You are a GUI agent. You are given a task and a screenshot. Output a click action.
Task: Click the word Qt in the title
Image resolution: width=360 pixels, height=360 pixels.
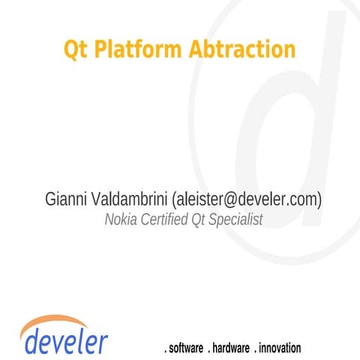coord(74,49)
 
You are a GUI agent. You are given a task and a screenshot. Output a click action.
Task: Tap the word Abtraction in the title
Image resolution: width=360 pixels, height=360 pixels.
coord(241,49)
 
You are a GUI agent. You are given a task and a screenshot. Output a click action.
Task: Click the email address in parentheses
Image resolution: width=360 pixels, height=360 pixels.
coord(247,199)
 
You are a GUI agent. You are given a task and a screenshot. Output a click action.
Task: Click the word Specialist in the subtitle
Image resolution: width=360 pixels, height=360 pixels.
coord(233,220)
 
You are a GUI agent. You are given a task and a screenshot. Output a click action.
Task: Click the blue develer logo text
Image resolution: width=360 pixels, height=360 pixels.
coord(66,341)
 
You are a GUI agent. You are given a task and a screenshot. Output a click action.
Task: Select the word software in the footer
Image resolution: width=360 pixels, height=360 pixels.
coord(187,348)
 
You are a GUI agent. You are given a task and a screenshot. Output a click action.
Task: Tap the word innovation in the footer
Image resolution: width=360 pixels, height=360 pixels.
coord(280,348)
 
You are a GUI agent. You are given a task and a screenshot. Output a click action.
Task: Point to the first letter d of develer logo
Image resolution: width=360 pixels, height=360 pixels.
coord(32,341)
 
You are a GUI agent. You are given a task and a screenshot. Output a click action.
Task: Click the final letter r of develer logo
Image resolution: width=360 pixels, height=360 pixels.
coord(103,343)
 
